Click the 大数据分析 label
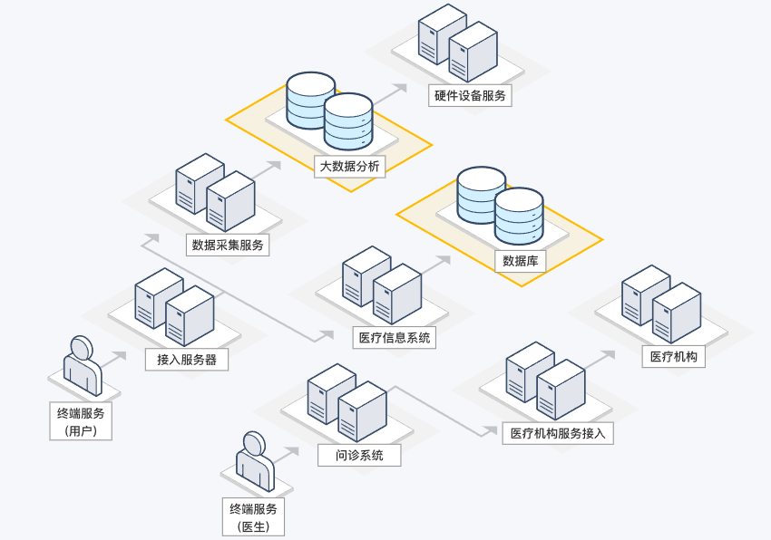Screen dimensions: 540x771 point(350,167)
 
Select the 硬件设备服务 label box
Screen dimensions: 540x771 point(469,94)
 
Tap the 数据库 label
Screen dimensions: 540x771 point(521,261)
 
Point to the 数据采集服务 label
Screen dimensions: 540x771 point(228,245)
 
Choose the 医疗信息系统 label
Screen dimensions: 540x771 point(395,338)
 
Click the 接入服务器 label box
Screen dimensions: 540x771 point(187,360)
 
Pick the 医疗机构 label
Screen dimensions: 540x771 point(673,356)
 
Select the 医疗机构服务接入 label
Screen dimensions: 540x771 point(558,433)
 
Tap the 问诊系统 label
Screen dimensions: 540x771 point(359,455)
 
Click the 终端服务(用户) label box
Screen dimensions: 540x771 point(81,421)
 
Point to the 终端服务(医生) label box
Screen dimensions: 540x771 point(253,516)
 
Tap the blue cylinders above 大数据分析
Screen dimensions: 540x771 point(329,110)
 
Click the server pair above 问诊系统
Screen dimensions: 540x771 point(347,401)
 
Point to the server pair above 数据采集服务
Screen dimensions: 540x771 point(215,191)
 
